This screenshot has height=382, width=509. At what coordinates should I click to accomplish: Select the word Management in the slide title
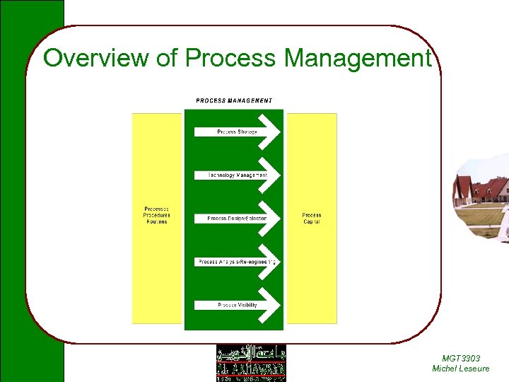(x=357, y=58)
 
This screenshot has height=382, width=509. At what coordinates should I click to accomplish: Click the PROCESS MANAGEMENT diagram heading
(x=234, y=100)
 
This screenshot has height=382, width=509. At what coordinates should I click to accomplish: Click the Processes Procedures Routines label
(x=157, y=215)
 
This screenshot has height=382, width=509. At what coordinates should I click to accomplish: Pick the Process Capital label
(x=312, y=219)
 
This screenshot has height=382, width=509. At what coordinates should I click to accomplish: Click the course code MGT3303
(x=460, y=359)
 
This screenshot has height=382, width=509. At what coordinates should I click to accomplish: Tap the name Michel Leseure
(x=460, y=369)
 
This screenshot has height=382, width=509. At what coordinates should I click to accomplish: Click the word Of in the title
(x=167, y=58)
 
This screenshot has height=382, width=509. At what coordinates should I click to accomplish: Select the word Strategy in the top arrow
(x=247, y=132)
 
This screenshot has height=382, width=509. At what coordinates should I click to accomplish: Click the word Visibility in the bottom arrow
(x=247, y=305)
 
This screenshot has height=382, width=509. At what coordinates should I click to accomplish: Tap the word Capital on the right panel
(x=312, y=222)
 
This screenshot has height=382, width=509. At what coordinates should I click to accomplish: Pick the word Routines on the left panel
(x=157, y=222)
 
